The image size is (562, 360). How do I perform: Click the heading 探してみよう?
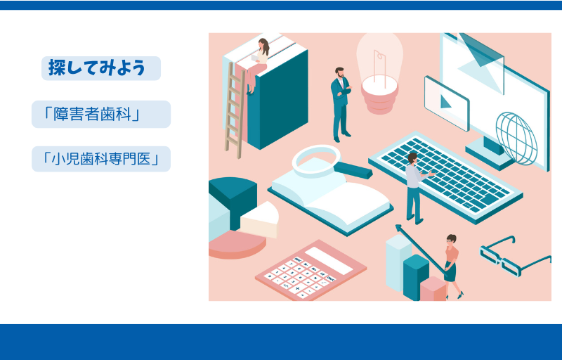click(x=97, y=67)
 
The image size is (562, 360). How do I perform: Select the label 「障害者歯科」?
click(x=91, y=114)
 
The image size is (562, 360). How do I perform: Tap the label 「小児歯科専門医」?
click(x=101, y=159)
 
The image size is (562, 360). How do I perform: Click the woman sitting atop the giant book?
click(x=258, y=65)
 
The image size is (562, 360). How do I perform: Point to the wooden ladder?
click(x=234, y=110)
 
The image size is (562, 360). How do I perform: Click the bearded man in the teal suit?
click(x=341, y=104)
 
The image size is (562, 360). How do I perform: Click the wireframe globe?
click(x=516, y=138)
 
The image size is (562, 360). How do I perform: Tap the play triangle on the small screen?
click(x=445, y=101)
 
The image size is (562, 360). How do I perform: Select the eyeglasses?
click(x=515, y=256)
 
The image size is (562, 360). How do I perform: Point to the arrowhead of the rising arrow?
click(x=398, y=228)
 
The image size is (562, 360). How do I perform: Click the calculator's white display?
click(x=329, y=261)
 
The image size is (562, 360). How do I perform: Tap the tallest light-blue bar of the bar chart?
click(x=398, y=262)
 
